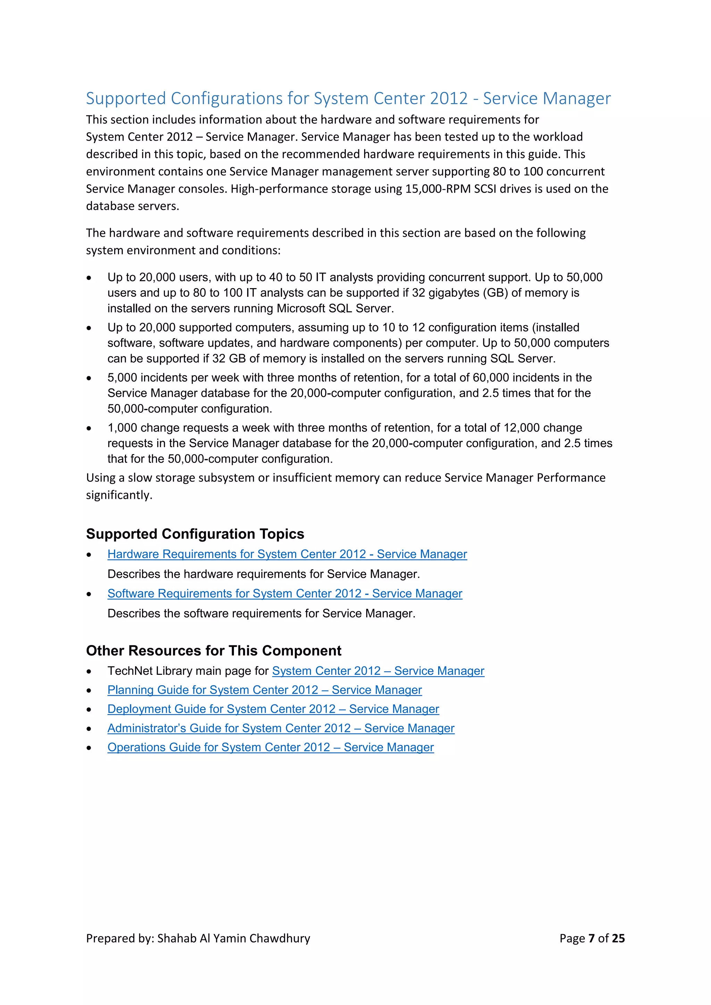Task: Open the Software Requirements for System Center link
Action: coord(285,594)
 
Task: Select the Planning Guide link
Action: coord(265,690)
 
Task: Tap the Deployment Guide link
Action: coord(273,709)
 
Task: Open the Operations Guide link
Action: coord(270,748)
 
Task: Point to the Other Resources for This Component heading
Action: coord(214,651)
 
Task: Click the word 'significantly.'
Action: coord(119,495)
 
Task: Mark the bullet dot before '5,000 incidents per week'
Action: coord(89,378)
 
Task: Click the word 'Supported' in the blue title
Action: coord(126,99)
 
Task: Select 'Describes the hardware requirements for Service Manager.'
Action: coord(264,574)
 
